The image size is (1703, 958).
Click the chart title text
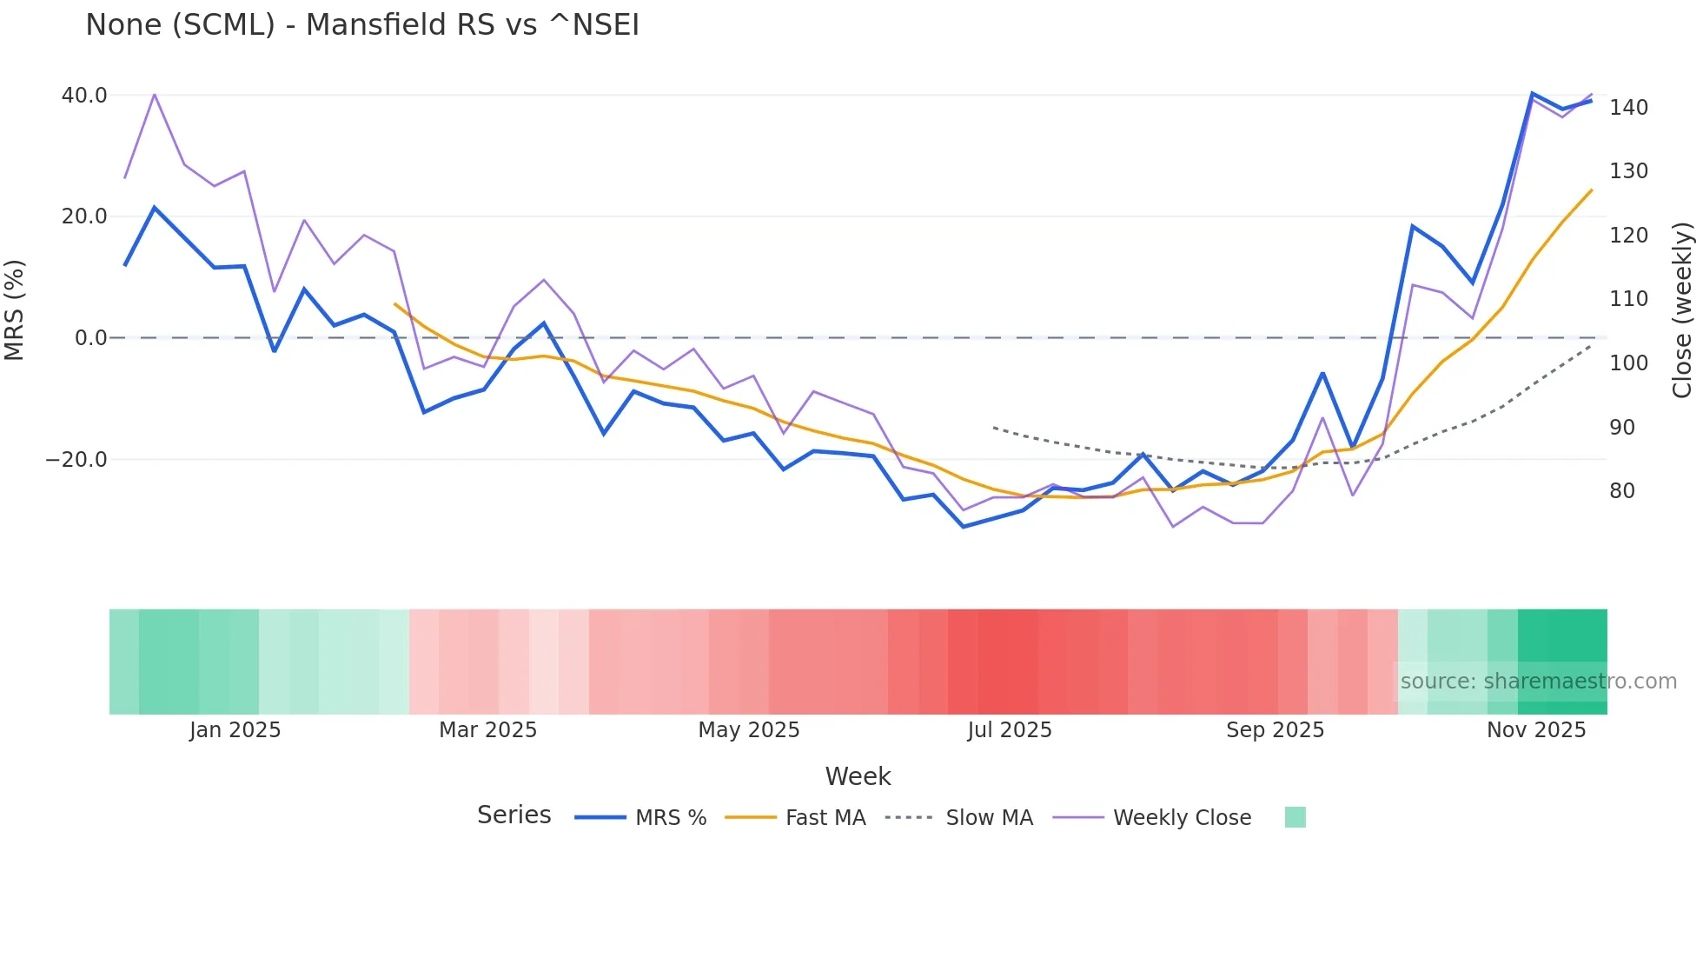(x=361, y=25)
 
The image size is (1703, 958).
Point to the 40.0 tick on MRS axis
(x=84, y=96)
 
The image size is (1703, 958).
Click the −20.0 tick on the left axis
(x=76, y=460)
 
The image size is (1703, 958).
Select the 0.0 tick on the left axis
(x=90, y=338)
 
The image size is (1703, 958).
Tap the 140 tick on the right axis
(x=1628, y=108)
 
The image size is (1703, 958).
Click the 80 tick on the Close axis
(x=1621, y=491)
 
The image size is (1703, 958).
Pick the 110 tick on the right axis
(x=1628, y=299)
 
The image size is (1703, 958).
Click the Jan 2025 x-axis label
(x=235, y=730)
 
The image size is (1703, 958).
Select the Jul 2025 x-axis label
(x=1009, y=730)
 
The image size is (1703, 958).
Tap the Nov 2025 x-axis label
(x=1535, y=730)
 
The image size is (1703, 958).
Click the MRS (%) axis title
(x=15, y=310)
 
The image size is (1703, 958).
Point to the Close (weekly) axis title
(x=1682, y=310)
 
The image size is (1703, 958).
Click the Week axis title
(x=858, y=776)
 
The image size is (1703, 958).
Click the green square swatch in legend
(x=1295, y=817)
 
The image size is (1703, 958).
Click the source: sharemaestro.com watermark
(x=1538, y=682)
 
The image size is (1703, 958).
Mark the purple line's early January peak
(x=155, y=94)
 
